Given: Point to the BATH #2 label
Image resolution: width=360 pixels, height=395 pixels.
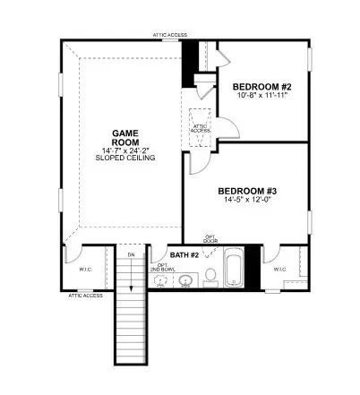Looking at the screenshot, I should [185, 254].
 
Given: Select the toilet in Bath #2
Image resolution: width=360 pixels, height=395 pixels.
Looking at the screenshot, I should [210, 274].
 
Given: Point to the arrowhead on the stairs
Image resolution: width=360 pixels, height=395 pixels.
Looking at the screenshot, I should [131, 288].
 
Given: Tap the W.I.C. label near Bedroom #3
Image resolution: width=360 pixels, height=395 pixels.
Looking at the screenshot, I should [279, 268].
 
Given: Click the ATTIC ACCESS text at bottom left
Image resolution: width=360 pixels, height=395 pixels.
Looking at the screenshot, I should [85, 296].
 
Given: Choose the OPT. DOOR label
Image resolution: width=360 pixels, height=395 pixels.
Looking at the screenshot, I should [210, 238].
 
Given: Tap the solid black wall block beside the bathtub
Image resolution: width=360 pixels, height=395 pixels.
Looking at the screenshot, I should [253, 267].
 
